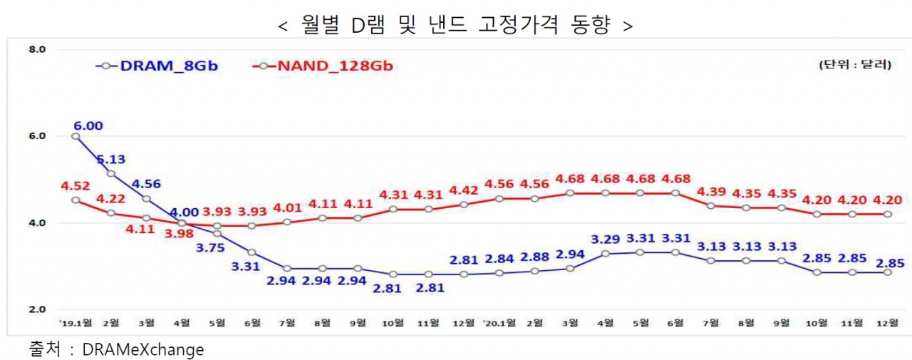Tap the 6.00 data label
(88, 125)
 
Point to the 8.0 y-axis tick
(37, 50)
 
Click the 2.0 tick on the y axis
(37, 309)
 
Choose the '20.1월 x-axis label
(499, 322)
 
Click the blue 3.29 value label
(606, 240)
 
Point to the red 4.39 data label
(710, 192)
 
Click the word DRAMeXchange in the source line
(143, 350)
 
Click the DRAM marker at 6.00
(76, 136)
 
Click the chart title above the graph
(456, 25)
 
